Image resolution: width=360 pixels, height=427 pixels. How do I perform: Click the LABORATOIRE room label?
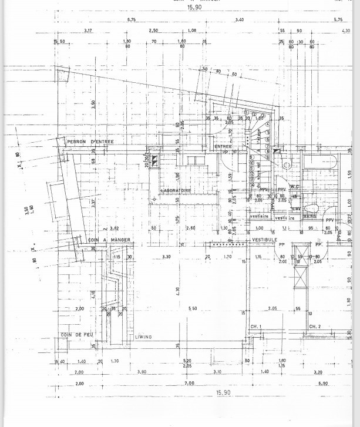point(177,191)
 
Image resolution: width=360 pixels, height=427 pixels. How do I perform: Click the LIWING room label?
point(144,337)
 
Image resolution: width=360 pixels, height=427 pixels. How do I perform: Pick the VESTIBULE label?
point(264,240)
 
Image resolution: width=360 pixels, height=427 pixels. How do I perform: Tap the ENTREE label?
point(223,146)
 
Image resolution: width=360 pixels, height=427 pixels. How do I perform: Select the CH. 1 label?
point(255,326)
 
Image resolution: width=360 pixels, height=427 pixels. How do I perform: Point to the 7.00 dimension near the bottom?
point(189,383)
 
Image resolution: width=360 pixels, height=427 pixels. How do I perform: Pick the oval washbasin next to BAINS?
point(312,207)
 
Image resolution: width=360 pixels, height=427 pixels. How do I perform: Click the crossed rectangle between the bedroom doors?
point(300,277)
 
